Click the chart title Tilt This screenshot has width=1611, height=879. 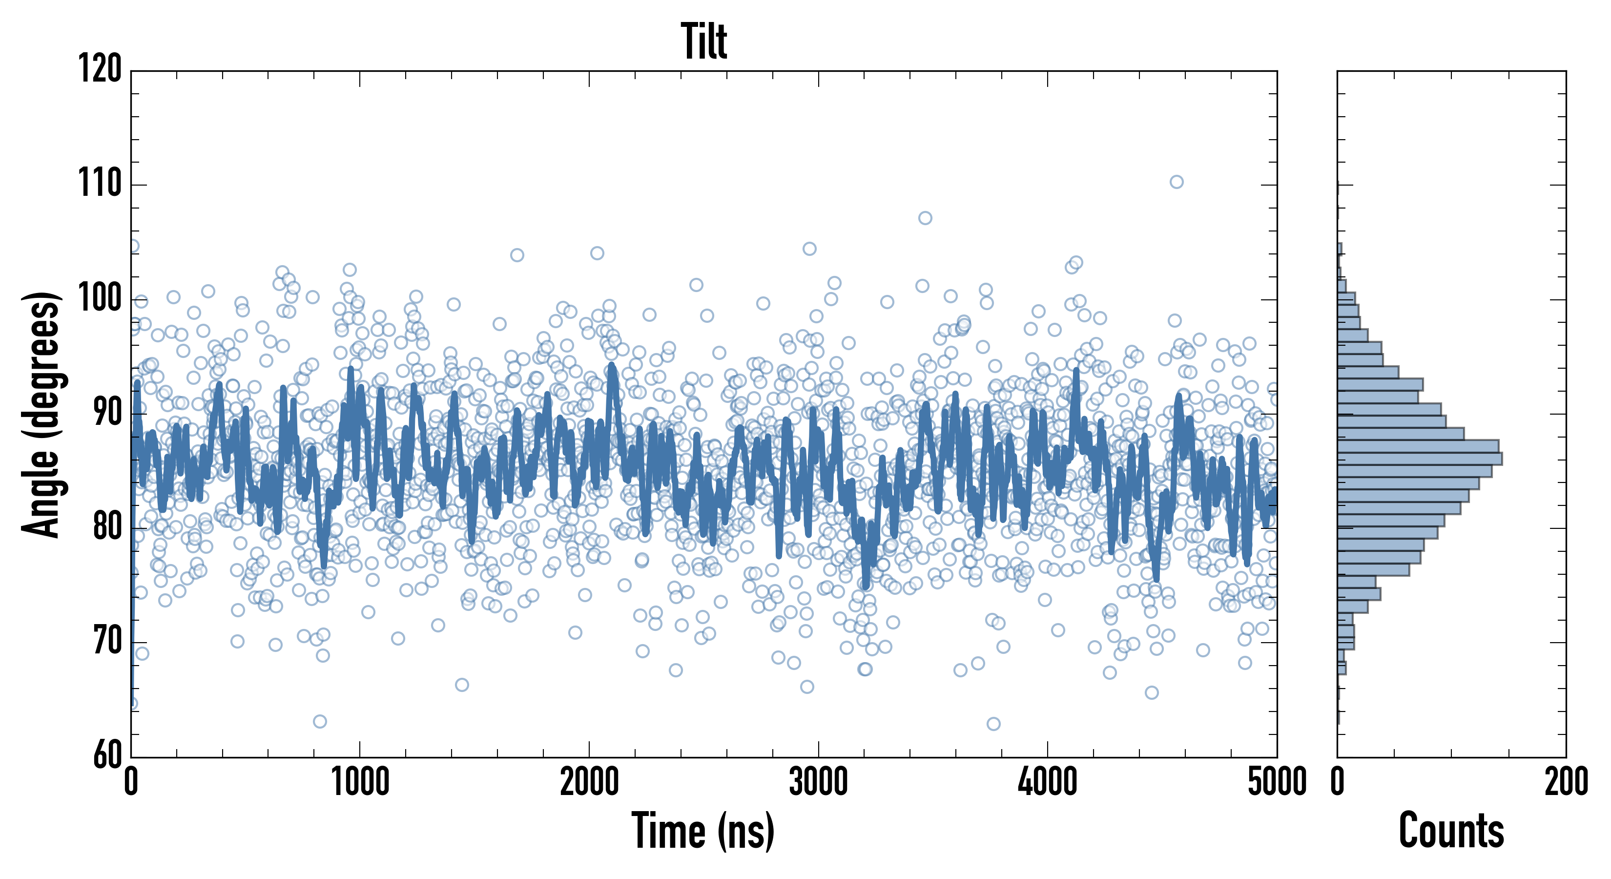click(x=703, y=42)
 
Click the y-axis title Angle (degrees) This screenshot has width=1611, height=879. click(x=41, y=414)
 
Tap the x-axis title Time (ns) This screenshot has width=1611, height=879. click(x=703, y=831)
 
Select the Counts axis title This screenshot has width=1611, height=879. click(x=1451, y=831)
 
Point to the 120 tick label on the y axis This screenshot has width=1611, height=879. click(x=100, y=69)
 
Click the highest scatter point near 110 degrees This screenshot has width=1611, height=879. click(x=1177, y=182)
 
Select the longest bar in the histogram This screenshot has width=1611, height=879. click(x=1420, y=459)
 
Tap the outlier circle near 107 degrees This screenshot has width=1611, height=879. click(x=925, y=218)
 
